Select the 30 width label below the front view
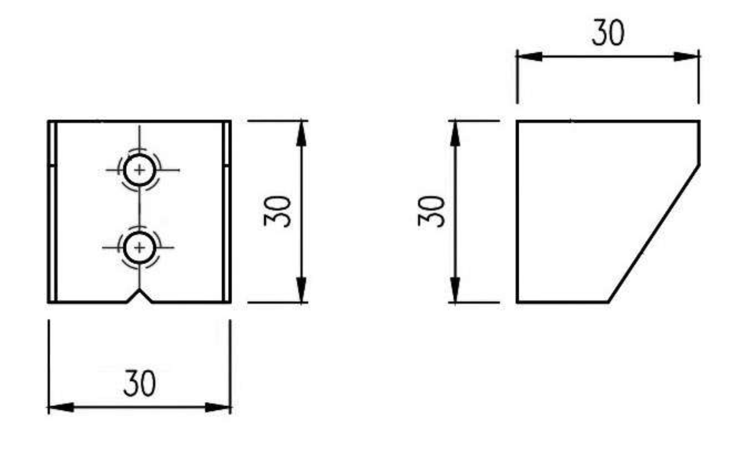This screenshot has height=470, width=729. point(140,383)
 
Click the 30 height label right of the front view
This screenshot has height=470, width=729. point(277,211)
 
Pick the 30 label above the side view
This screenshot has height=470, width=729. point(608,33)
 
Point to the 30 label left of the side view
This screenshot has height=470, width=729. point(431,211)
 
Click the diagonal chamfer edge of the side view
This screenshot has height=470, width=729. point(653,234)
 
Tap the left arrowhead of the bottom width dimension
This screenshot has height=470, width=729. point(61,407)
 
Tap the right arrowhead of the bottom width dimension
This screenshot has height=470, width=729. point(217,407)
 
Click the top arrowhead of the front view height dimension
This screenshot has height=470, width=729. point(301,133)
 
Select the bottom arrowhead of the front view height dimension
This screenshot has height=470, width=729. point(301,290)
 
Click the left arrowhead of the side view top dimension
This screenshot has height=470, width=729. point(530,57)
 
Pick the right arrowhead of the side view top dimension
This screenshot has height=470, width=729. point(686,57)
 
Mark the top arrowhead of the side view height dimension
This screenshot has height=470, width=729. point(455,133)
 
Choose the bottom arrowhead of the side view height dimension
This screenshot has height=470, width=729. point(455,290)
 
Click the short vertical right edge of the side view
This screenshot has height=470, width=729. point(699,143)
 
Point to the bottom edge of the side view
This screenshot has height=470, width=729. point(563,302)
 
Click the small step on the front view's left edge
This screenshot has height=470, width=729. point(52,166)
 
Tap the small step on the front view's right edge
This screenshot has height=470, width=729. point(227,166)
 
